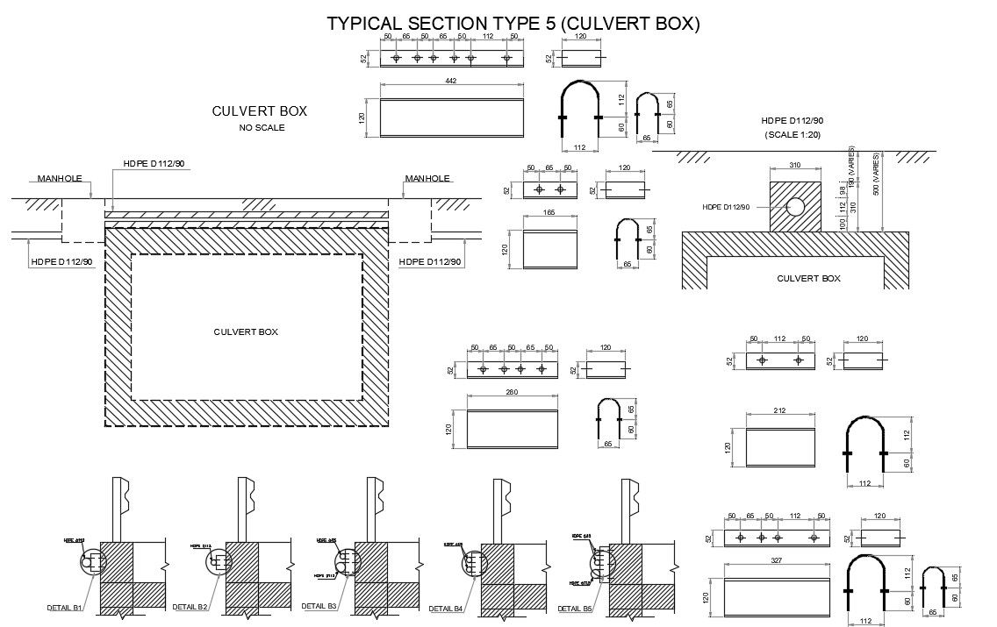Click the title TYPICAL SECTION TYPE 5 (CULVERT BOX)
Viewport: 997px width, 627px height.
(513, 24)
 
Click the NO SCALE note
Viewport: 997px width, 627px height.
(262, 128)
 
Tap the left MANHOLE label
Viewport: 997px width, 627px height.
(60, 178)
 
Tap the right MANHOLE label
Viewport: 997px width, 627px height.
(427, 178)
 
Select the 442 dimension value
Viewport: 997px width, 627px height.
(451, 81)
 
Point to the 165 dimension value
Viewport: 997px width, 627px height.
(549, 211)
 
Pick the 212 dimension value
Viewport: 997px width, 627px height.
(779, 410)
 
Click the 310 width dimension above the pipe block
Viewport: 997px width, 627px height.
(795, 164)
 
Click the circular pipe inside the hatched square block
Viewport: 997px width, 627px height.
(796, 207)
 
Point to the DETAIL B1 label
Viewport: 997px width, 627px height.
(65, 607)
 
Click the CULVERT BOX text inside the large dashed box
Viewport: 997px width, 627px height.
(246, 331)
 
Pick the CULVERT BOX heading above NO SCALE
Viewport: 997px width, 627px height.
(260, 111)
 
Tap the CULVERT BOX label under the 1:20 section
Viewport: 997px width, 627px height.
(808, 278)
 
